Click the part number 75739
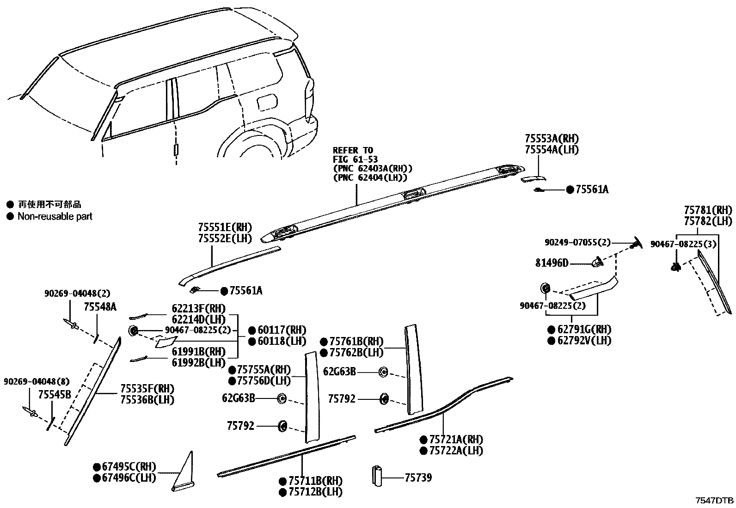pyautogui.click(x=418, y=477)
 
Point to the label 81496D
pyautogui.click(x=552, y=263)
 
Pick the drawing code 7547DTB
pyautogui.click(x=715, y=501)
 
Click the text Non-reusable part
pyautogui.click(x=55, y=216)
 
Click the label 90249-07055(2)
pyautogui.click(x=577, y=242)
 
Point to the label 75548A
pyautogui.click(x=100, y=306)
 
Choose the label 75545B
pyautogui.click(x=55, y=394)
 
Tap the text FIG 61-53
pyautogui.click(x=355, y=160)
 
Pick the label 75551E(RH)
pyautogui.click(x=225, y=227)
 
